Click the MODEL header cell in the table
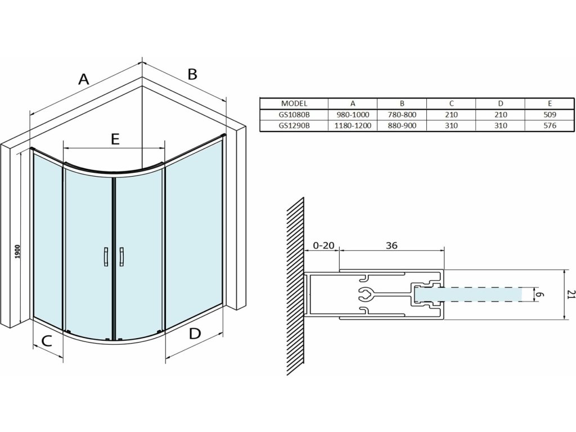(294, 103)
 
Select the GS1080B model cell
(294, 114)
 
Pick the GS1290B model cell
(294, 125)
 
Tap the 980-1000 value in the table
(353, 114)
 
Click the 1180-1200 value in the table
(353, 125)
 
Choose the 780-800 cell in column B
(402, 114)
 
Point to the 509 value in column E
(550, 114)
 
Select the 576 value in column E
(550, 125)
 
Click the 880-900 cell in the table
(402, 125)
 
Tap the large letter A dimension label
(83, 79)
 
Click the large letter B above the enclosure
(192, 74)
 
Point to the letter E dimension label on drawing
(115, 139)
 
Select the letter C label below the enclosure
(47, 340)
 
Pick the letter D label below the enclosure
(194, 334)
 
